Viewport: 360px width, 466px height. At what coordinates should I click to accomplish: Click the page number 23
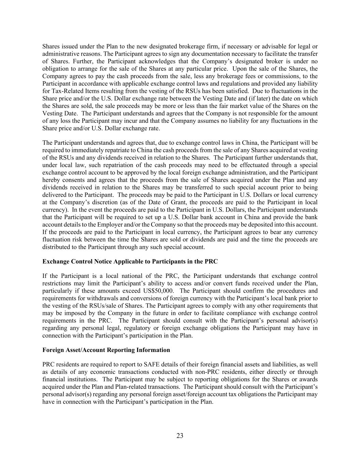(x=180, y=436)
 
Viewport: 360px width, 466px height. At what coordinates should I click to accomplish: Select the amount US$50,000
(x=157, y=291)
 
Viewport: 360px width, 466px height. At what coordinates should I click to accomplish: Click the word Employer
(x=109, y=225)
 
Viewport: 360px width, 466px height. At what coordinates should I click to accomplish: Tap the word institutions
(x=82, y=380)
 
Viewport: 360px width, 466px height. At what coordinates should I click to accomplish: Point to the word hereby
(x=51, y=180)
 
